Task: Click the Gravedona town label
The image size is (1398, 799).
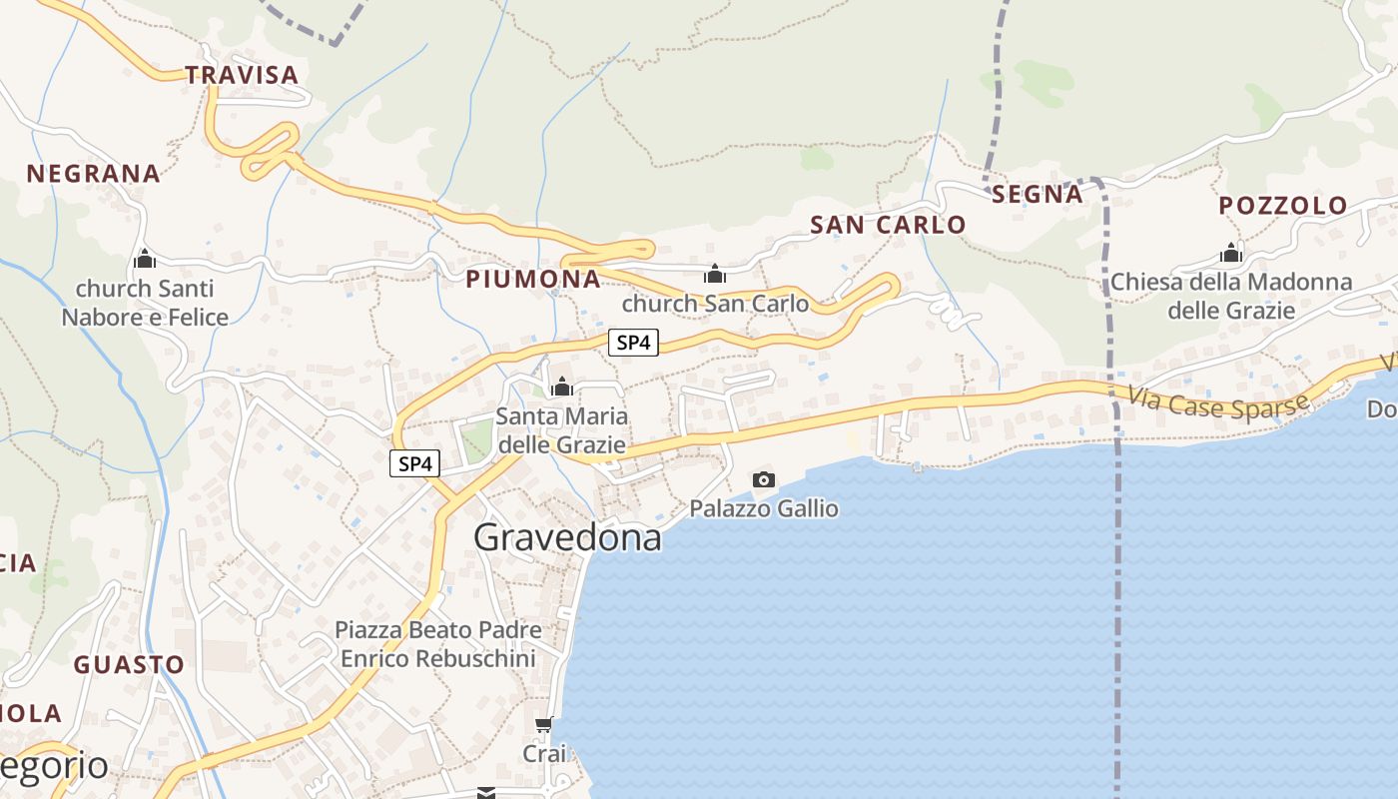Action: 567,537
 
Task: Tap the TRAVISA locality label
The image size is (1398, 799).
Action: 242,75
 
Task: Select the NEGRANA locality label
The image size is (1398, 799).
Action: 93,174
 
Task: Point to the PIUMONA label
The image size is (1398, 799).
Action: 533,280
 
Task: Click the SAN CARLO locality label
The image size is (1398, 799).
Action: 888,225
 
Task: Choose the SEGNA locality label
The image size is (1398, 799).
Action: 1038,195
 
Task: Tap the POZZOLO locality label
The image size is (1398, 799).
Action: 1283,206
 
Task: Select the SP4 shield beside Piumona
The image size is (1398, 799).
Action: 634,343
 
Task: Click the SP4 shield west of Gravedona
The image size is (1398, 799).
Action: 414,463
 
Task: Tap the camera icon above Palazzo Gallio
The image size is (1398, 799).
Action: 764,480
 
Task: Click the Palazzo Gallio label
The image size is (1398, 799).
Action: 764,509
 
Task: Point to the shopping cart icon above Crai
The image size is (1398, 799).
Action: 543,724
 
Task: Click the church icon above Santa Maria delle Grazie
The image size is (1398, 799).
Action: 562,387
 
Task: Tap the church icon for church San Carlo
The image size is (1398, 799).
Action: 715,274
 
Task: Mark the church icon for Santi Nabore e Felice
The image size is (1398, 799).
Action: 145,260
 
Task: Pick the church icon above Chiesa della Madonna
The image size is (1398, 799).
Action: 1231,253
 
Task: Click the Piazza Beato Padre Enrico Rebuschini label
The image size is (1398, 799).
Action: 438,644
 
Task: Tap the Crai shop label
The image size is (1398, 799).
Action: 544,753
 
